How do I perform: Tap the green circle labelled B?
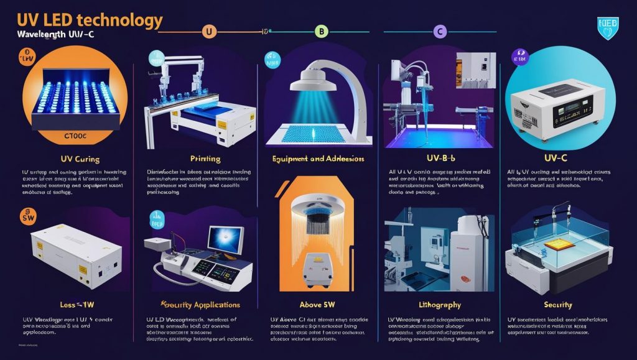pyautogui.click(x=321, y=30)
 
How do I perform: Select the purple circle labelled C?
pyautogui.click(x=440, y=30)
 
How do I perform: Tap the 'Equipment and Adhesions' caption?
pyautogui.click(x=318, y=159)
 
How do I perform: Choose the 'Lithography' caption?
pyautogui.click(x=440, y=305)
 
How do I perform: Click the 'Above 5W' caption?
pyautogui.click(x=317, y=305)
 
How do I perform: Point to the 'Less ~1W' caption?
pyautogui.click(x=78, y=305)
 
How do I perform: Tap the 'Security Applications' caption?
pyautogui.click(x=200, y=305)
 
